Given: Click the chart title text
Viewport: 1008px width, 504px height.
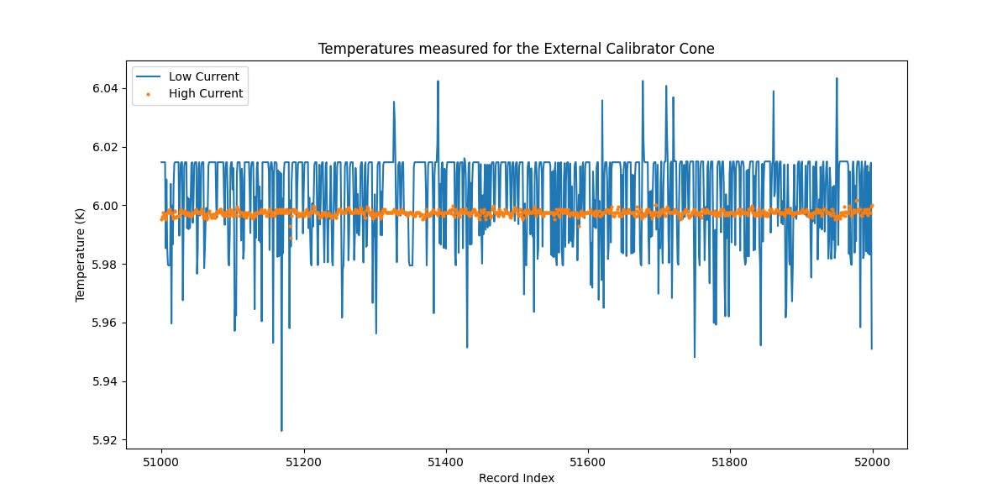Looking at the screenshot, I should pyautogui.click(x=516, y=49).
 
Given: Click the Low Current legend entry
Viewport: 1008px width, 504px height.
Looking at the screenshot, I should pyautogui.click(x=204, y=76).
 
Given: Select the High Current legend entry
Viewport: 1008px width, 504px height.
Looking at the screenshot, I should pyautogui.click(x=206, y=93).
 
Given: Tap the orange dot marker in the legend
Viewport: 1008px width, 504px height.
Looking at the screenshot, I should pyautogui.click(x=149, y=94).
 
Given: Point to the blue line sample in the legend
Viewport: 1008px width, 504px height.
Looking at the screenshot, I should pyautogui.click(x=149, y=76).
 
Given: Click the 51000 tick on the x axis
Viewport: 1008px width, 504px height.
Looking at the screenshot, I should pyautogui.click(x=161, y=462).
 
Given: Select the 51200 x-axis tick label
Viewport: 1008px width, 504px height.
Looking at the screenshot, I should pyautogui.click(x=303, y=462).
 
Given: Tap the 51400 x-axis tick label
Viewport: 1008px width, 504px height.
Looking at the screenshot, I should pyautogui.click(x=445, y=462).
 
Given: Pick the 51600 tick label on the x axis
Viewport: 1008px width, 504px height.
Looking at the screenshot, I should pyautogui.click(x=587, y=462).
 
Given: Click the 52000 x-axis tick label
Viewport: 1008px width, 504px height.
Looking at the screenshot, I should pyautogui.click(x=872, y=462).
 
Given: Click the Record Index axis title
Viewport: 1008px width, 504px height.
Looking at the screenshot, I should pyautogui.click(x=516, y=479).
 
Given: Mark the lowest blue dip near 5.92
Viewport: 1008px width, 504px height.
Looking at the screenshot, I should pyautogui.click(x=281, y=430).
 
